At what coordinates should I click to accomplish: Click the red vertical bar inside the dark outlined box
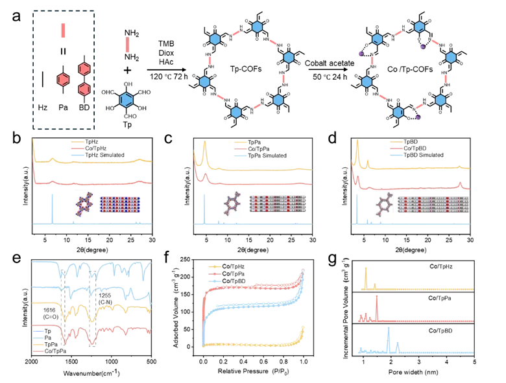pos(63,30)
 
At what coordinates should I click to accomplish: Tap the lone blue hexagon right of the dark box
pos(127,100)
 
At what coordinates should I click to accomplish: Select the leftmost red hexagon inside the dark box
pos(63,79)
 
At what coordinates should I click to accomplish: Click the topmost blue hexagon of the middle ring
pos(258,27)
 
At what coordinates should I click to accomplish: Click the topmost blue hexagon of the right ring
pos(420,27)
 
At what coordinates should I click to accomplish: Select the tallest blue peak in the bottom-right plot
pos(388,338)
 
